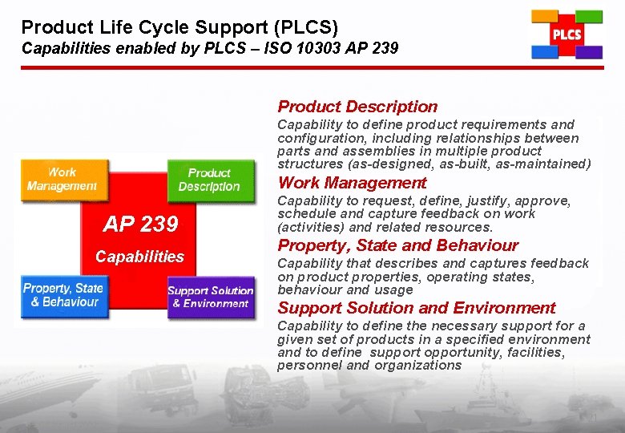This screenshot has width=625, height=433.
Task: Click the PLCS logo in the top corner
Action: (567, 34)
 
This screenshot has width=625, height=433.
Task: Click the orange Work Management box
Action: (62, 179)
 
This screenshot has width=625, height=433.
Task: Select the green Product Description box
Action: (209, 180)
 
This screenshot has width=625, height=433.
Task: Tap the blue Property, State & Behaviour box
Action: (62, 295)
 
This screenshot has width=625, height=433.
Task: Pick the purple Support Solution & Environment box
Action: (210, 297)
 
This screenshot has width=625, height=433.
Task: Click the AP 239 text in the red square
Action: (141, 225)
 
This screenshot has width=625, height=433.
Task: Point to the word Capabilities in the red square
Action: (139, 257)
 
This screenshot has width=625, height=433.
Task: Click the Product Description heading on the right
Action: (357, 107)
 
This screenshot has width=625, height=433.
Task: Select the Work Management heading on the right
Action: (352, 183)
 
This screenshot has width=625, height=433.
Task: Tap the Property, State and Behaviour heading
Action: (397, 245)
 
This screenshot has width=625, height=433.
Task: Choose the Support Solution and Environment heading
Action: (416, 308)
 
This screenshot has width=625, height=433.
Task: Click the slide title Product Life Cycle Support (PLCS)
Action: (179, 26)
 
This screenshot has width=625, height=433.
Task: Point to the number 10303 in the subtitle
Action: (292, 48)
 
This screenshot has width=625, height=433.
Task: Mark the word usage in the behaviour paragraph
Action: (394, 289)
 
